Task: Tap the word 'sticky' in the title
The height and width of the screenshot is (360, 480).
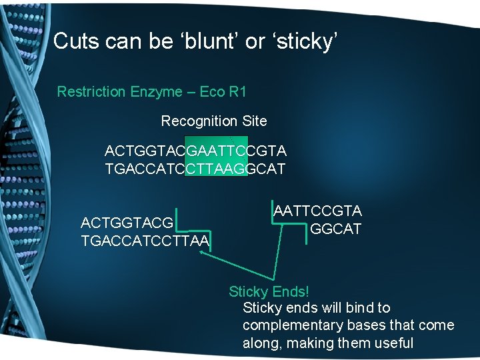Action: pos(305,41)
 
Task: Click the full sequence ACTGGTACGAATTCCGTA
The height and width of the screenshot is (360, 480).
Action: pos(195,151)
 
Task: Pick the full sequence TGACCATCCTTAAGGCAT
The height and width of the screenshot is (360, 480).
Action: pos(195,169)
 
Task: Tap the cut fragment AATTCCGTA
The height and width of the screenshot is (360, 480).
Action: pos(317,211)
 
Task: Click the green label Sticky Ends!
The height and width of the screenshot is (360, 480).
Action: pos(269,291)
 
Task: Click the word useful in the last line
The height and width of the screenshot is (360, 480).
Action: pos(393,343)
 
